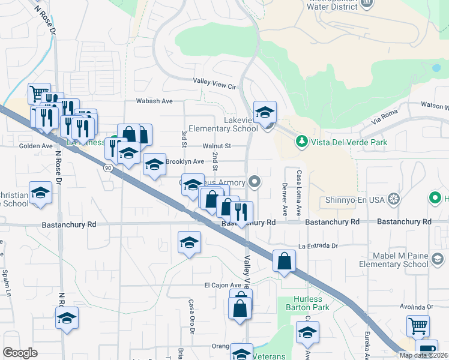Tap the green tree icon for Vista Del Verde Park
coord(301,142)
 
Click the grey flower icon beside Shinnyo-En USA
coord(394,199)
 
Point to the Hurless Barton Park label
coord(308,303)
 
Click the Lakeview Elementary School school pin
coord(265,112)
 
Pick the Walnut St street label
coord(217,146)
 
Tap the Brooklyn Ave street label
coord(185,161)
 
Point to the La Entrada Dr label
coord(319,246)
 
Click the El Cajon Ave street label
coord(222,285)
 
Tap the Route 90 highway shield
coord(106,168)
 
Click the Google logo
coord(20,352)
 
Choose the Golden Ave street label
coord(36,146)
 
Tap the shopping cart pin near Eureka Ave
coord(418,326)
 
